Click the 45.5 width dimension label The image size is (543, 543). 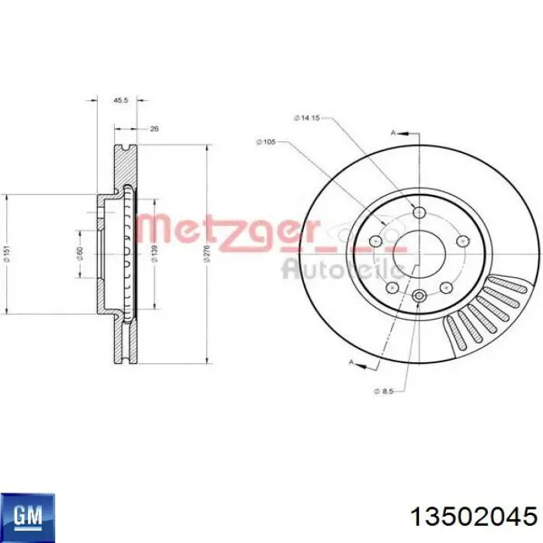(120, 101)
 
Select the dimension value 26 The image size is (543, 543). (154, 129)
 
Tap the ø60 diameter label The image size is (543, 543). (81, 252)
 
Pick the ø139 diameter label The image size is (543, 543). (155, 253)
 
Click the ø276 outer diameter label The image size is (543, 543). (206, 253)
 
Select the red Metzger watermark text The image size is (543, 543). (228, 231)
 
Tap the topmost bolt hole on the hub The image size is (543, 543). (420, 213)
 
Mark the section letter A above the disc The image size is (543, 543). (393, 133)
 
